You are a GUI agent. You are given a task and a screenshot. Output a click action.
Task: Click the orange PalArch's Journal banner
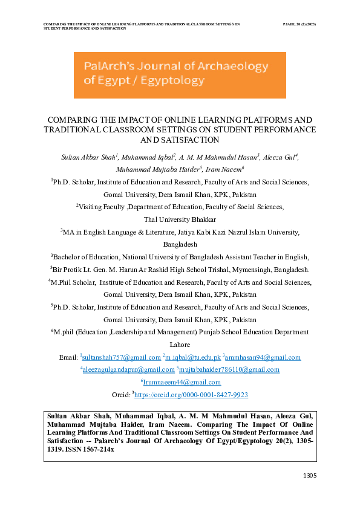tap(180, 75)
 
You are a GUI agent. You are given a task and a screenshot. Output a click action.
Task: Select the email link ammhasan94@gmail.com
tap(263, 358)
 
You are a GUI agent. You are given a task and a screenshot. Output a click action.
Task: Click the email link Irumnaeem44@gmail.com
tap(182, 383)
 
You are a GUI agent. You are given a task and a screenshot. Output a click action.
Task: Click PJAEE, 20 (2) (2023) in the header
tap(299, 24)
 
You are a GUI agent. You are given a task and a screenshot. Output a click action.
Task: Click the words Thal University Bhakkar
tap(180, 219)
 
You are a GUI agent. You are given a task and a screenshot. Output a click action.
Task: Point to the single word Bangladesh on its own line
tap(180, 245)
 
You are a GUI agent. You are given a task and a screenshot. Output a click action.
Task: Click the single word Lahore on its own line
tap(180, 345)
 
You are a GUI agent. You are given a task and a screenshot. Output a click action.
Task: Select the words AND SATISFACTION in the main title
tap(180, 140)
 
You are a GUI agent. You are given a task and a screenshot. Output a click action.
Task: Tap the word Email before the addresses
tap(68, 358)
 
